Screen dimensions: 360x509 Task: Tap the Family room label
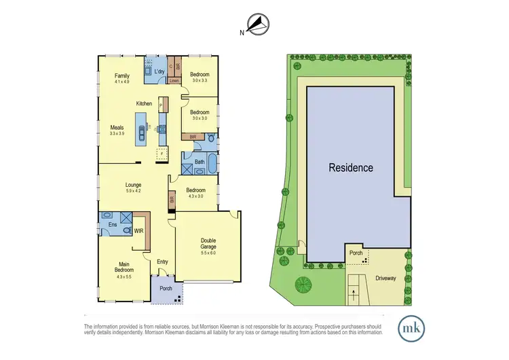point(121,75)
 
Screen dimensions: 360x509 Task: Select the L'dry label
point(159,72)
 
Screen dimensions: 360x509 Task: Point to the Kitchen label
point(144,103)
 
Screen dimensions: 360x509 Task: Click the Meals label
point(117,126)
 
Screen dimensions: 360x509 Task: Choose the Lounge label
point(132,184)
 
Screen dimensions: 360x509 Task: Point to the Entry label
point(162,262)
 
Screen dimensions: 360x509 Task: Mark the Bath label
point(200,162)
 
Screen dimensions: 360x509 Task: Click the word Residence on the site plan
point(351,167)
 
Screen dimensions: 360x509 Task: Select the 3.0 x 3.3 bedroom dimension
point(200,81)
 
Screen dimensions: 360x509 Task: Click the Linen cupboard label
point(174,81)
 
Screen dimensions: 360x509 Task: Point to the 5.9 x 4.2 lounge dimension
point(132,191)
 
